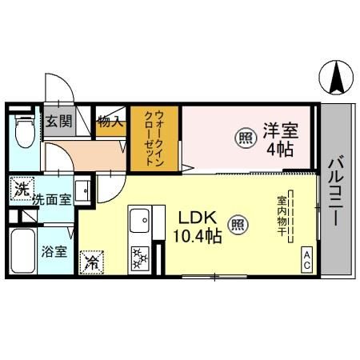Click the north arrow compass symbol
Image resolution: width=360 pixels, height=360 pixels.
pos(338,78)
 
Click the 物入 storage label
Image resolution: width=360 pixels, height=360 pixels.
pos(110,122)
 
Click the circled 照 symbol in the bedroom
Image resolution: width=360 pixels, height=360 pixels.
pos(244,138)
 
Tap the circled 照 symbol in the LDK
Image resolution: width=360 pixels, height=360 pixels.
pos(237,225)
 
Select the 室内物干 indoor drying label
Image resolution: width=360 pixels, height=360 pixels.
pos(282,213)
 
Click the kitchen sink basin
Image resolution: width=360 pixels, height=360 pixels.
pos(141,217)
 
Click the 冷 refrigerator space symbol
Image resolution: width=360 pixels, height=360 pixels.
pos(93,261)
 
